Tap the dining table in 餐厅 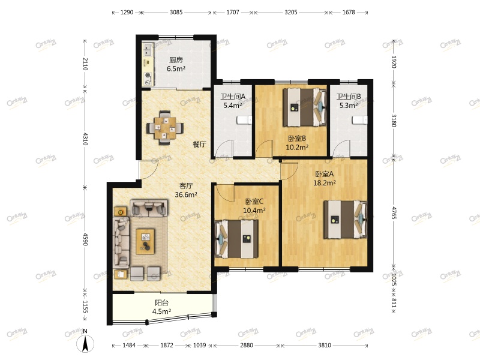pos(164,128)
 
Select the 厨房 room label pos(176,60)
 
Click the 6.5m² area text pos(176,68)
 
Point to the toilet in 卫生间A pos(244,120)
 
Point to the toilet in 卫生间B pos(359,120)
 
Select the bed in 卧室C pos(236,239)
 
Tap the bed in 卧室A pos(345,220)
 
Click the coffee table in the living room pos(145,241)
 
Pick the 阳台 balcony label pos(161,303)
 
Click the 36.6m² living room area pos(186,194)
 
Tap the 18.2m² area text pos(325,183)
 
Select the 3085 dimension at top pos(176,12)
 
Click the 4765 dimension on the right pos(394,213)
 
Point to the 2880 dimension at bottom pos(247,346)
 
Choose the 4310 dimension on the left pos(85,139)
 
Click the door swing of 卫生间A pos(224,148)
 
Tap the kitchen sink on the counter pos(148,50)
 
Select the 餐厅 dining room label pos(199,144)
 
